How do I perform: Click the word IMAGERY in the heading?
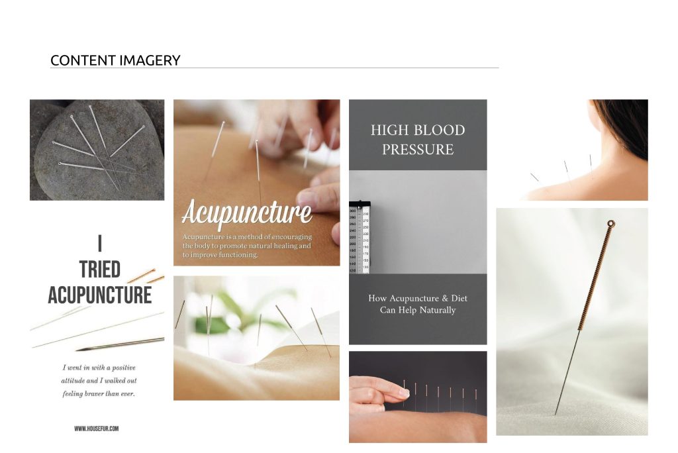point(149,60)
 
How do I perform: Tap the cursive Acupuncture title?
point(246,213)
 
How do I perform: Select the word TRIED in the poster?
point(100,270)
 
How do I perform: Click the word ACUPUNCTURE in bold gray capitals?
point(100,294)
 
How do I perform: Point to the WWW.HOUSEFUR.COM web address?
point(97,428)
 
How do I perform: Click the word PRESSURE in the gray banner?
point(418,150)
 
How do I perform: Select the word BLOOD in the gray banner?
point(438,130)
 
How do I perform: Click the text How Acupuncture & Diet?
point(418,298)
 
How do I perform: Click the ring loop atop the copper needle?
point(610,224)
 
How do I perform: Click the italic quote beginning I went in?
point(99,380)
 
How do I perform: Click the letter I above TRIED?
point(100,244)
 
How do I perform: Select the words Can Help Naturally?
point(418,310)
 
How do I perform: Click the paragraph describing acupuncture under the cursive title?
point(246,246)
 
